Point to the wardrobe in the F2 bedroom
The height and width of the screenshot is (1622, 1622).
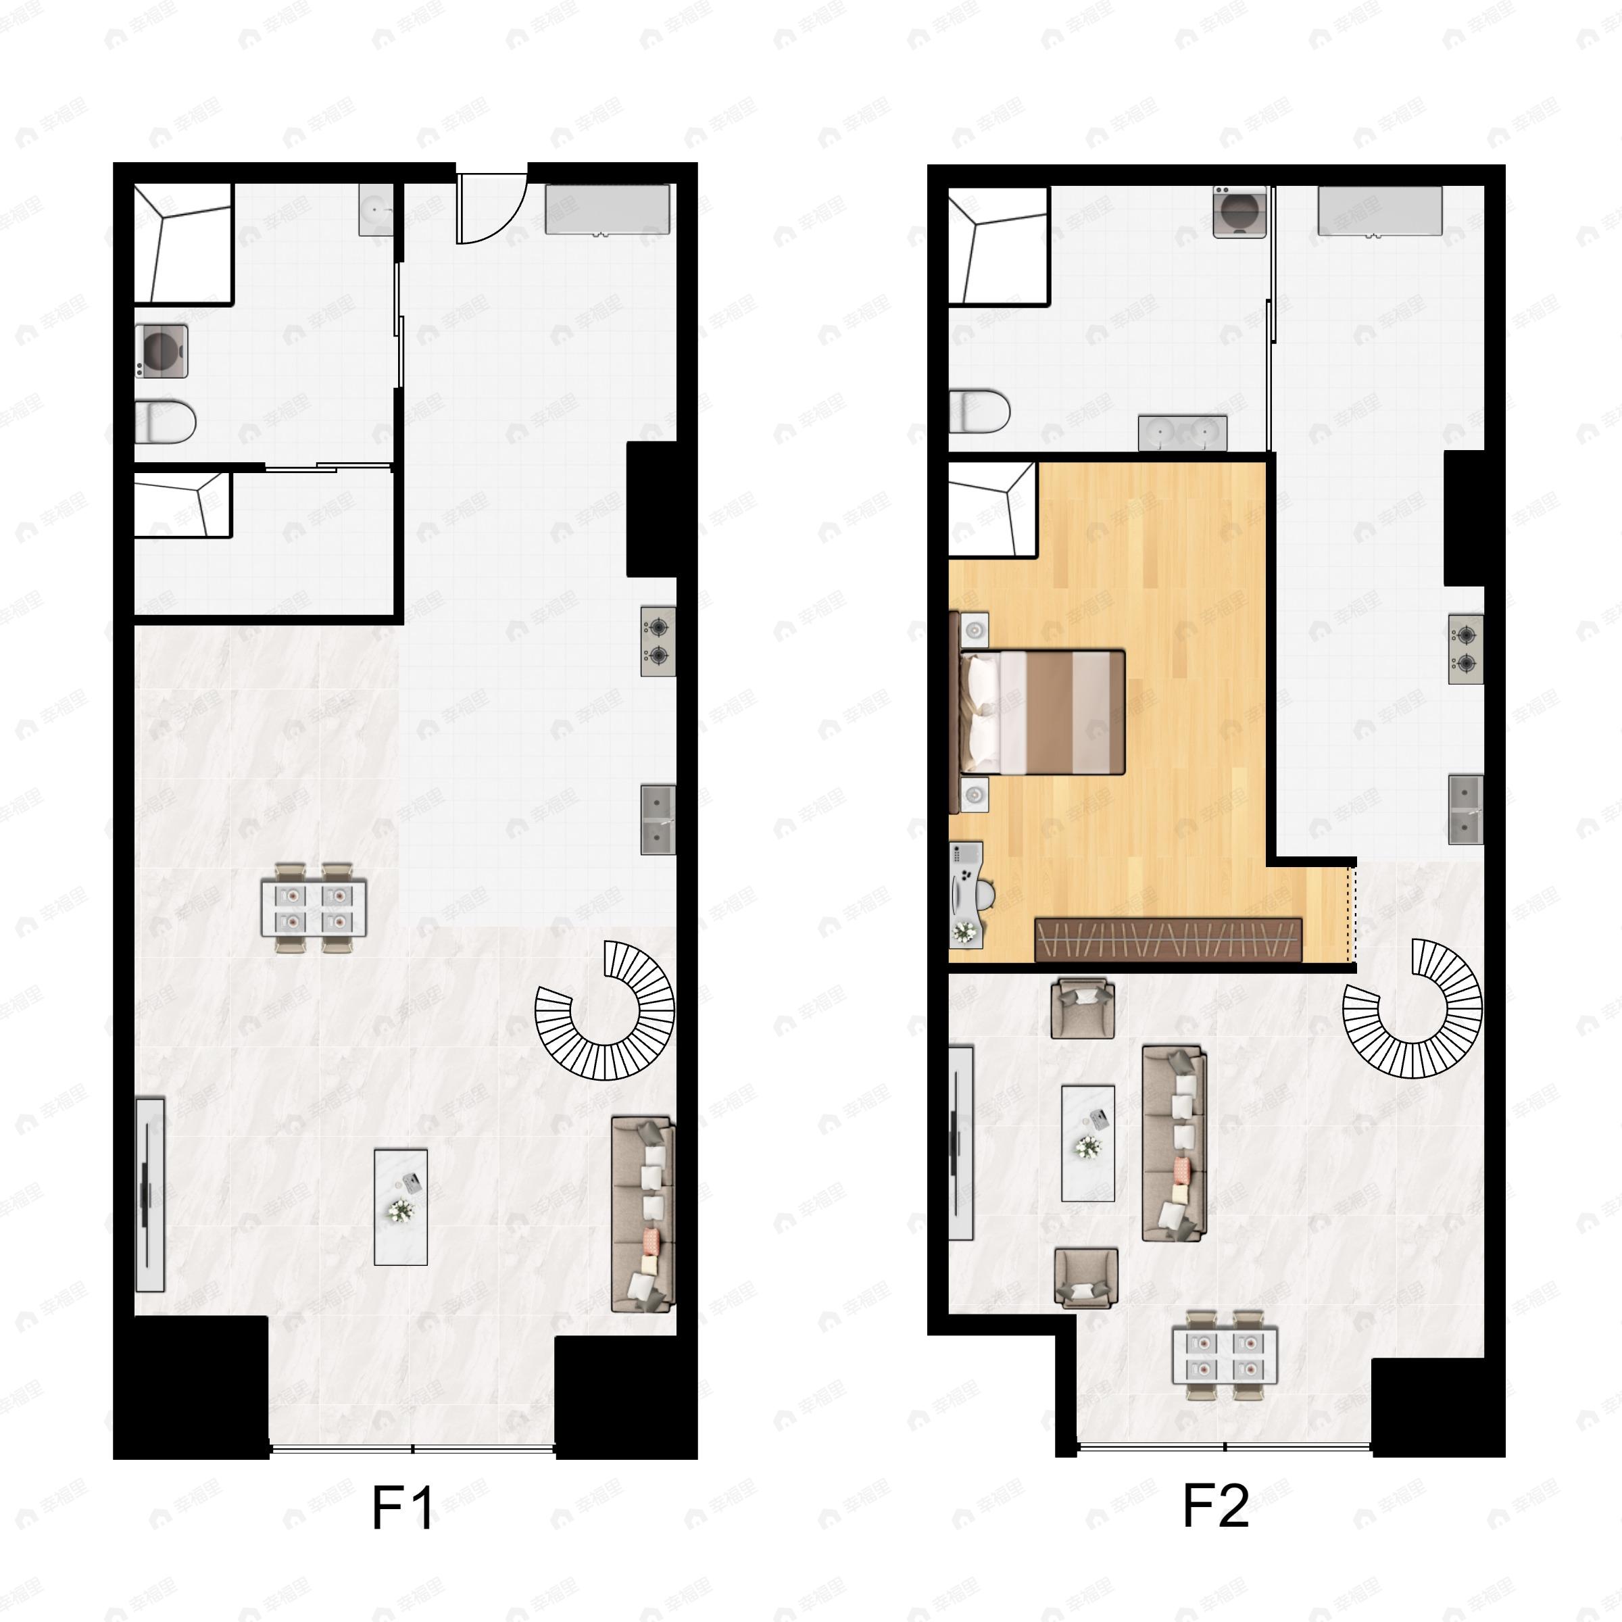(x=1168, y=939)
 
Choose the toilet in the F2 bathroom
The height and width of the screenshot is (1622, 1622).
(x=978, y=410)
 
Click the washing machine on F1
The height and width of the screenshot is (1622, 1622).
(x=162, y=351)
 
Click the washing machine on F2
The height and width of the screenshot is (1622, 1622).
(x=1239, y=212)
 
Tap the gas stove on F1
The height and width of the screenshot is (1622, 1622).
(x=658, y=641)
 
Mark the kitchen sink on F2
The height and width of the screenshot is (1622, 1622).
(x=1465, y=810)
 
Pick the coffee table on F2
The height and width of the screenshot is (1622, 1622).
(x=1088, y=1144)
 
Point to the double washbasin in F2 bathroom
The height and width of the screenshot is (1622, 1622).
(x=1183, y=433)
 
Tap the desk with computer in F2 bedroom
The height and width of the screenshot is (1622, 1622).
(x=966, y=895)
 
